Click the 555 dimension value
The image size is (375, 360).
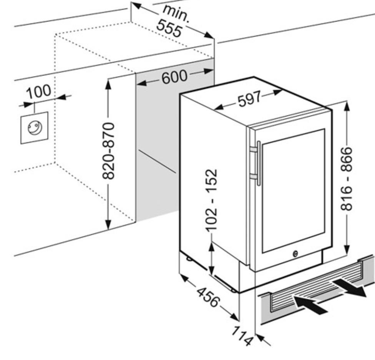[x=169, y=29]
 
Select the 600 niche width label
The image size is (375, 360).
[x=174, y=77]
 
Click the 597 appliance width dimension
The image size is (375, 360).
[x=249, y=100]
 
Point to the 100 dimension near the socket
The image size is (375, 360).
[x=38, y=92]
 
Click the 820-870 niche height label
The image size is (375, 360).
[x=110, y=151]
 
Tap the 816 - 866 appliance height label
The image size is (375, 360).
[x=347, y=178]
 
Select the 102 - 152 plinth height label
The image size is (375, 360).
[x=211, y=200]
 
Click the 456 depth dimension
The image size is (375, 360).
[x=207, y=297]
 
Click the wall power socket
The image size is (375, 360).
[x=34, y=127]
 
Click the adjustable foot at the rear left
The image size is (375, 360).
[x=189, y=259]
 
